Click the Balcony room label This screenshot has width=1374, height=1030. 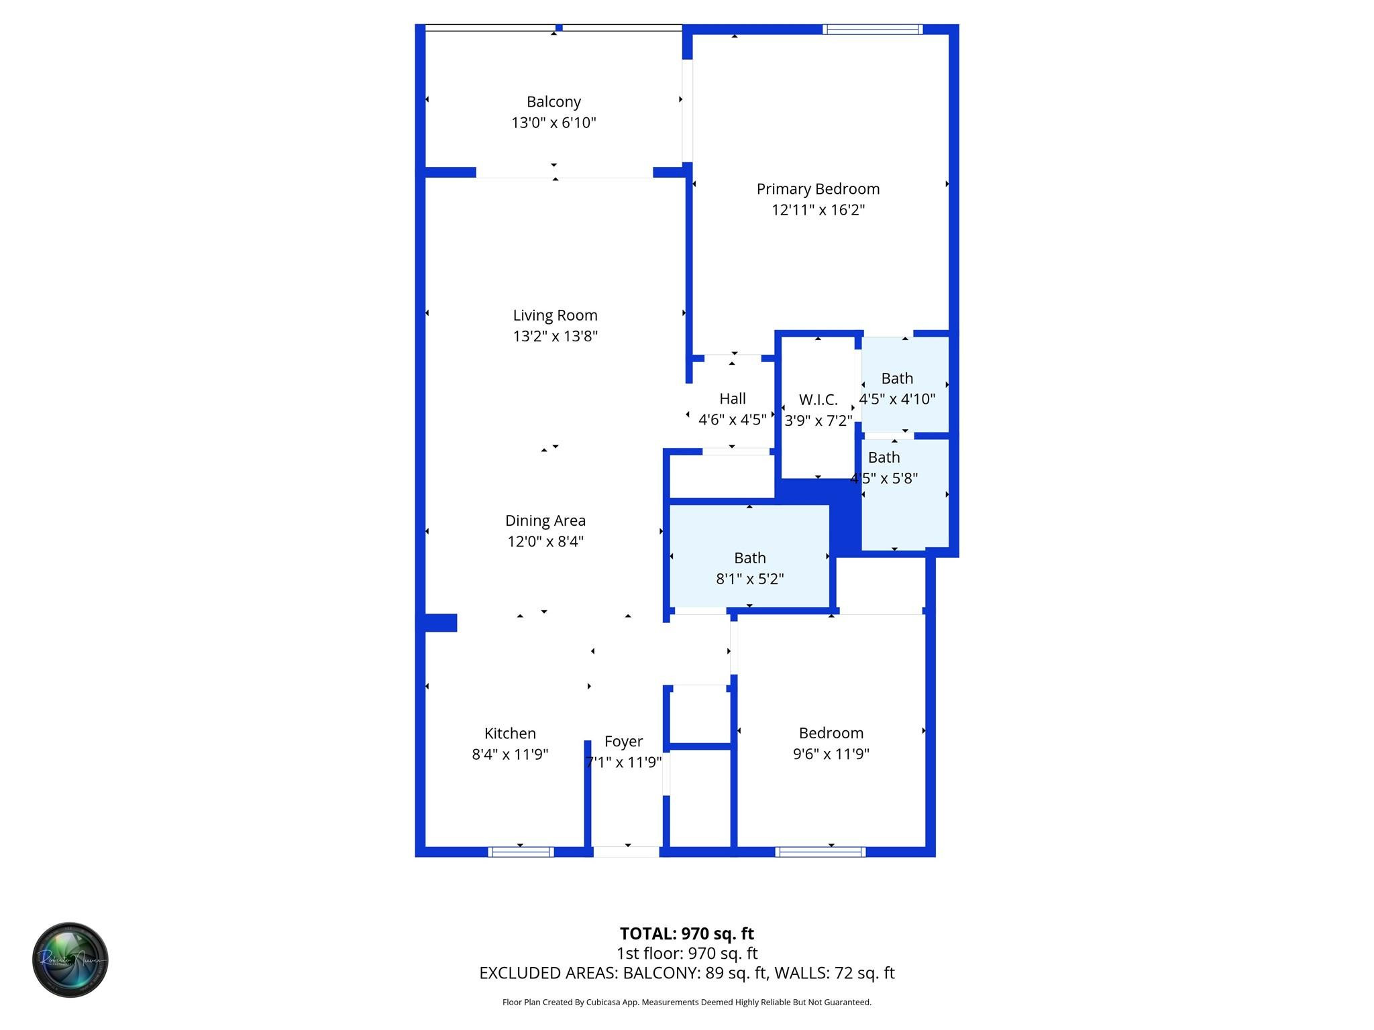(x=553, y=102)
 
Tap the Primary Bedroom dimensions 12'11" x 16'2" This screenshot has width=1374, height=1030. (x=818, y=210)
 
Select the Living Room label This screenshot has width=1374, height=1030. (x=555, y=315)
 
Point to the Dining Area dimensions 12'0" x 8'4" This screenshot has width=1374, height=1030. (x=545, y=541)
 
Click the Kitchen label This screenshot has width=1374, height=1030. (x=510, y=734)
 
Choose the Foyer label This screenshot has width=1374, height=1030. (x=623, y=742)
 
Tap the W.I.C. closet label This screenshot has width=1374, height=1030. (x=818, y=400)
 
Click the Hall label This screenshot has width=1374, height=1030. (x=732, y=399)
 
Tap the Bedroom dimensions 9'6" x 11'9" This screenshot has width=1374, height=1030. (x=831, y=754)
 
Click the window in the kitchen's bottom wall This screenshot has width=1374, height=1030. (x=521, y=852)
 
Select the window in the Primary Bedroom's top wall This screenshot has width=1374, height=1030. (x=873, y=30)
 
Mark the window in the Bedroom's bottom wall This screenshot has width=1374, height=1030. (x=821, y=852)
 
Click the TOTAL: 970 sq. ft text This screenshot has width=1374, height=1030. (x=686, y=933)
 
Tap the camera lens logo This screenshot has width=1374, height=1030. (x=70, y=960)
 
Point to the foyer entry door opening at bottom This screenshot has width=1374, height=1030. (x=626, y=852)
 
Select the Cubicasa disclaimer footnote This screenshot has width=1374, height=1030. (x=686, y=1003)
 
